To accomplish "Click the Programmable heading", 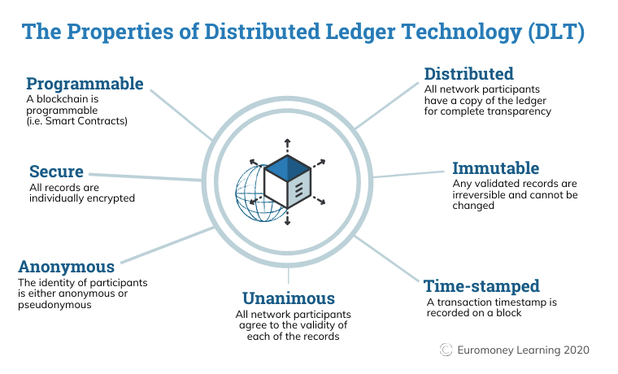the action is coord(85,84).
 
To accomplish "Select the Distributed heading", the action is coord(468,74).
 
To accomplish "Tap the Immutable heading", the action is coord(495,168).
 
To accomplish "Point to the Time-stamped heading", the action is coord(481,286).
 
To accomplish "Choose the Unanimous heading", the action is coord(289,298).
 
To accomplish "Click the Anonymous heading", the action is coord(66,267).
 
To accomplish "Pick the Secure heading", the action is coord(56,172).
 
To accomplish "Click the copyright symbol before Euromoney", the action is coord(446,350).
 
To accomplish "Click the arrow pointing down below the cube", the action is coord(288,220).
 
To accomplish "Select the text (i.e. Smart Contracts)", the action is coord(78,121).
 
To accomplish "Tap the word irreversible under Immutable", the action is coord(481,195).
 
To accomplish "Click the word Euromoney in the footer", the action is coord(488,350).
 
